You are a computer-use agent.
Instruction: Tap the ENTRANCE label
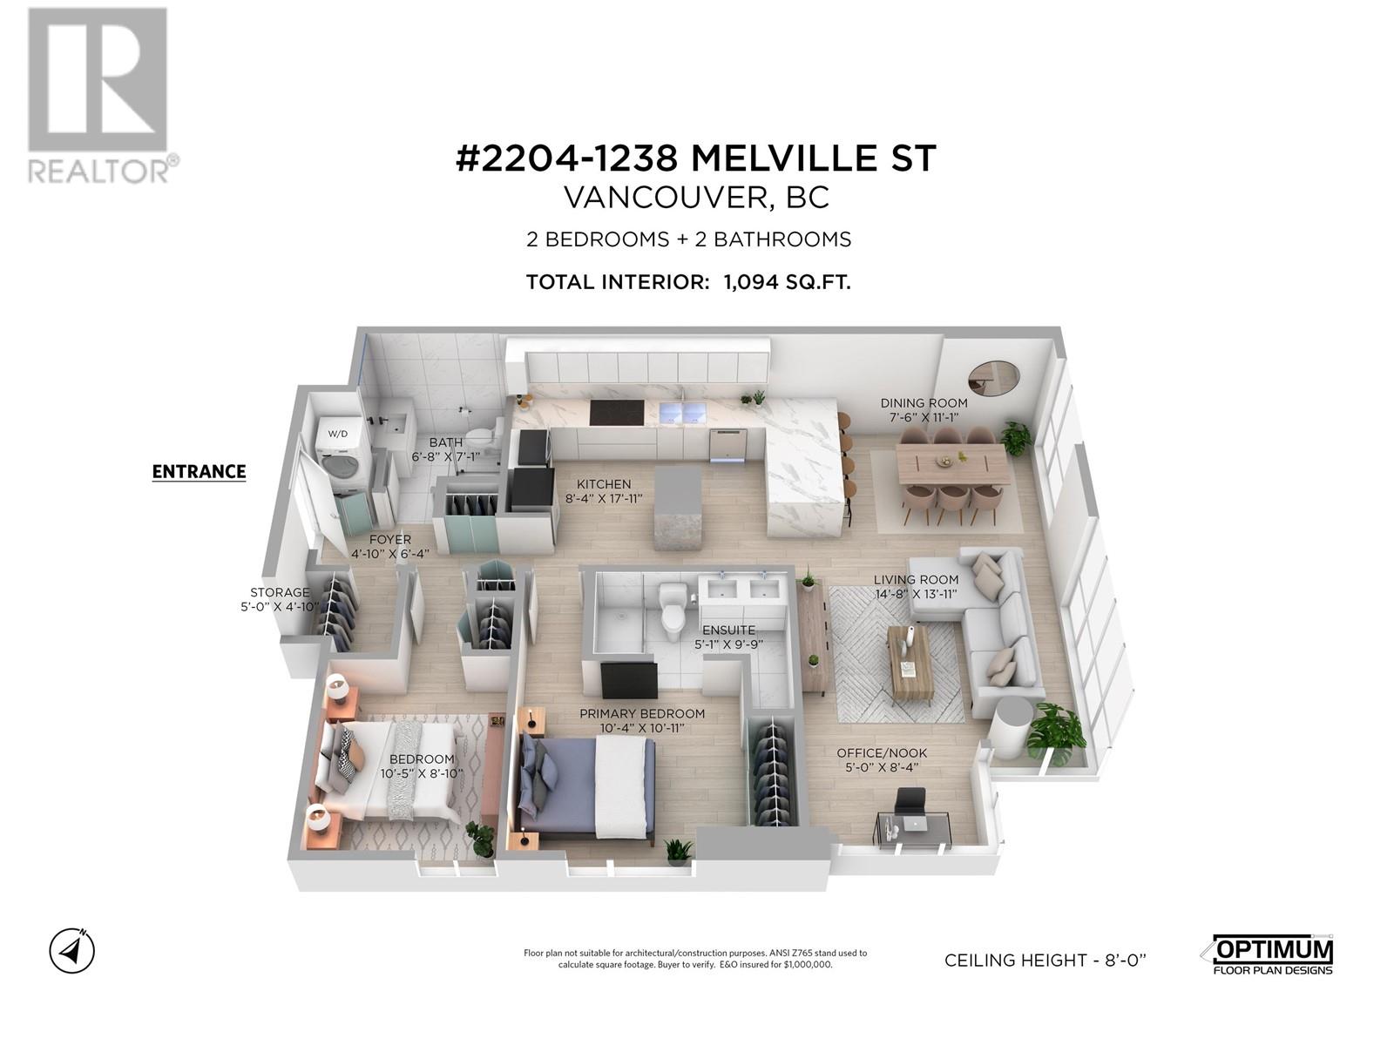pyautogui.click(x=199, y=472)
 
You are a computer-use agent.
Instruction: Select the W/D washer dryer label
pyautogui.click(x=336, y=433)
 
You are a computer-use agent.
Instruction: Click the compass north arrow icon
pyautogui.click(x=72, y=950)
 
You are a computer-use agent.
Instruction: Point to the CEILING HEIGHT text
pyautogui.click(x=1045, y=961)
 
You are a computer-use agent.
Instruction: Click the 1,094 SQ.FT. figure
pyautogui.click(x=786, y=282)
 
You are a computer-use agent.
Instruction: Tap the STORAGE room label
pyautogui.click(x=280, y=592)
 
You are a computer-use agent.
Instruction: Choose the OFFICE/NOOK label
pyautogui.click(x=882, y=753)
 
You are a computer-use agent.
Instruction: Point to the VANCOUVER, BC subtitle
pyautogui.click(x=696, y=199)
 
